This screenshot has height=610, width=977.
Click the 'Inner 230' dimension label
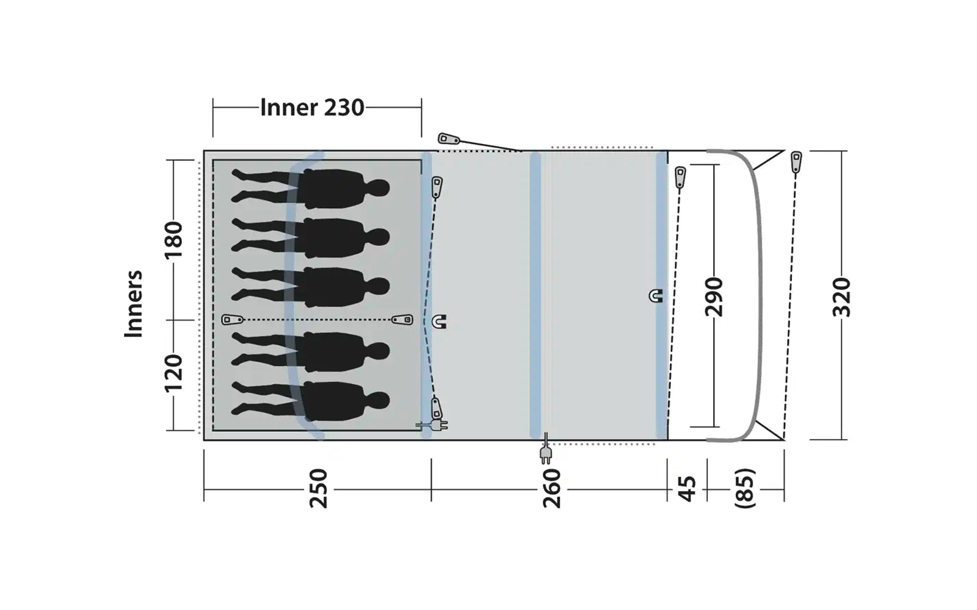tap(312, 107)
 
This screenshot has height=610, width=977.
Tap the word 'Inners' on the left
tap(133, 304)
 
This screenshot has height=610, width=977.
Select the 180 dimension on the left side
tap(173, 240)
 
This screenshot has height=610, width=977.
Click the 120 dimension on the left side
tap(173, 373)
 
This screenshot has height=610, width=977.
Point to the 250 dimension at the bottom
tap(318, 489)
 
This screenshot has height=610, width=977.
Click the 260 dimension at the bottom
tap(551, 489)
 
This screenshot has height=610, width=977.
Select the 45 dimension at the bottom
tap(687, 489)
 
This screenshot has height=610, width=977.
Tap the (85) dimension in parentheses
tap(746, 489)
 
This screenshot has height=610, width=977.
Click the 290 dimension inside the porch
tap(713, 297)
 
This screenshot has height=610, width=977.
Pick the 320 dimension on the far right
tap(841, 297)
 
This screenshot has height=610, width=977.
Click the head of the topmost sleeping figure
tap(379, 187)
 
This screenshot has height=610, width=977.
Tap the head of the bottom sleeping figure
tap(379, 401)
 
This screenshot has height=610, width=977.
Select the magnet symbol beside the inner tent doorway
tap(439, 321)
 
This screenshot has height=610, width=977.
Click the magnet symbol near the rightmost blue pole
tap(656, 296)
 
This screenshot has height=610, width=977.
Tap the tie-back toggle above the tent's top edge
tap(449, 139)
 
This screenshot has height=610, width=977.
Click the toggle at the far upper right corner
tap(796, 162)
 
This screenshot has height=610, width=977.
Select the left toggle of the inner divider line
tap(232, 320)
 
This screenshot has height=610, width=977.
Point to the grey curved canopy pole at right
tap(760, 293)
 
